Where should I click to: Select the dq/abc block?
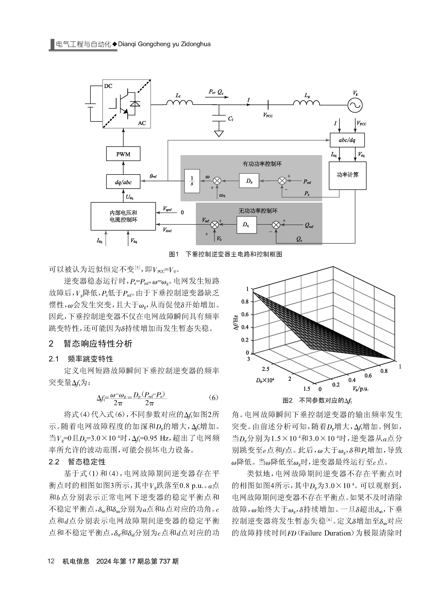[123, 182]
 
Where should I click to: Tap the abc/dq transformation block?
[347, 140]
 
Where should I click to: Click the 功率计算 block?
[347, 175]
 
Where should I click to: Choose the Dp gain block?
[249, 181]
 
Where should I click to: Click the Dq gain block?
[247, 225]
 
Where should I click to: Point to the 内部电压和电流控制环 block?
[123, 216]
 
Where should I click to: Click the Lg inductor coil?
[306, 102]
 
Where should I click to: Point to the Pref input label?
[307, 182]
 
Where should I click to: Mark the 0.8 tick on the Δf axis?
[245, 301]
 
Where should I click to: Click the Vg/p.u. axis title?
[361, 389]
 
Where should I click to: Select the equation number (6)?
[214, 398]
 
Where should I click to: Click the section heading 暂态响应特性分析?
[98, 343]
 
